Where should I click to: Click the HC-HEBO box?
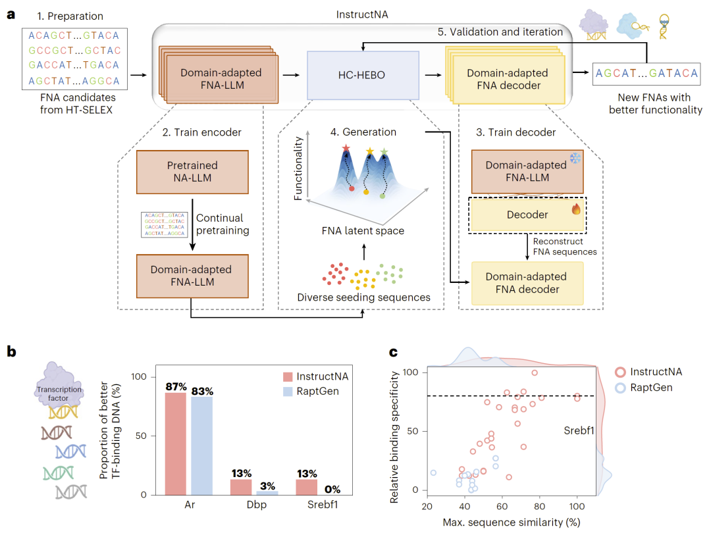pyautogui.click(x=363, y=76)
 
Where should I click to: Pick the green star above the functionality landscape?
pyautogui.click(x=384, y=152)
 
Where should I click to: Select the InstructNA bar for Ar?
pyautogui.click(x=175, y=444)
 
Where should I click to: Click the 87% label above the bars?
pyautogui.click(x=175, y=386)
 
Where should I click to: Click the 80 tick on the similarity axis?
pyautogui.click(x=540, y=506)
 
